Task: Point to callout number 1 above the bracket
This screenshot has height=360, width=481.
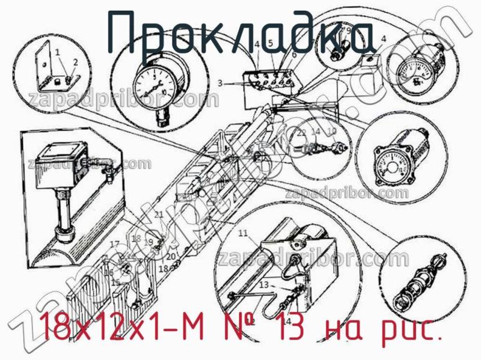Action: click(58, 52)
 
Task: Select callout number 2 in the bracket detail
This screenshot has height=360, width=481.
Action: click(75, 62)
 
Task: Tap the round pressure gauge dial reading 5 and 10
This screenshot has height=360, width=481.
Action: click(153, 84)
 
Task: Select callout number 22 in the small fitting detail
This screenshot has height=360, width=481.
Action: click(302, 132)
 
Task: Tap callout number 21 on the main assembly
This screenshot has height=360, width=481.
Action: click(158, 215)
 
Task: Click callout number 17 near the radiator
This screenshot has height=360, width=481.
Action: click(114, 243)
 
